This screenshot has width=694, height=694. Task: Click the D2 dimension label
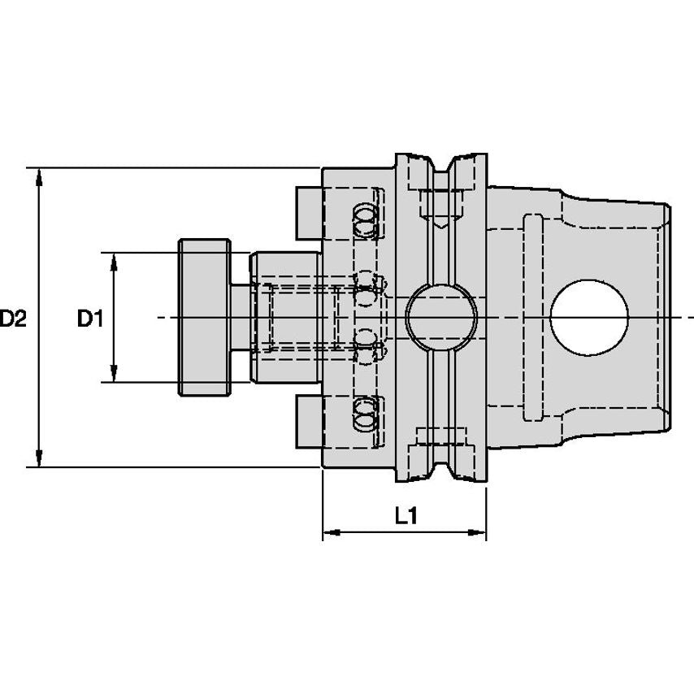[14, 319]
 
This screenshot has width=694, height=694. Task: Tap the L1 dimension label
[406, 515]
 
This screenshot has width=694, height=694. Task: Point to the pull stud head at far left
[205, 318]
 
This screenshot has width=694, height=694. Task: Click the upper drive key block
[309, 213]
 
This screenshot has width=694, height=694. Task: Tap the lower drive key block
[309, 421]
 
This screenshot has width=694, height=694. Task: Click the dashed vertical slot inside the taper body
[533, 318]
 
